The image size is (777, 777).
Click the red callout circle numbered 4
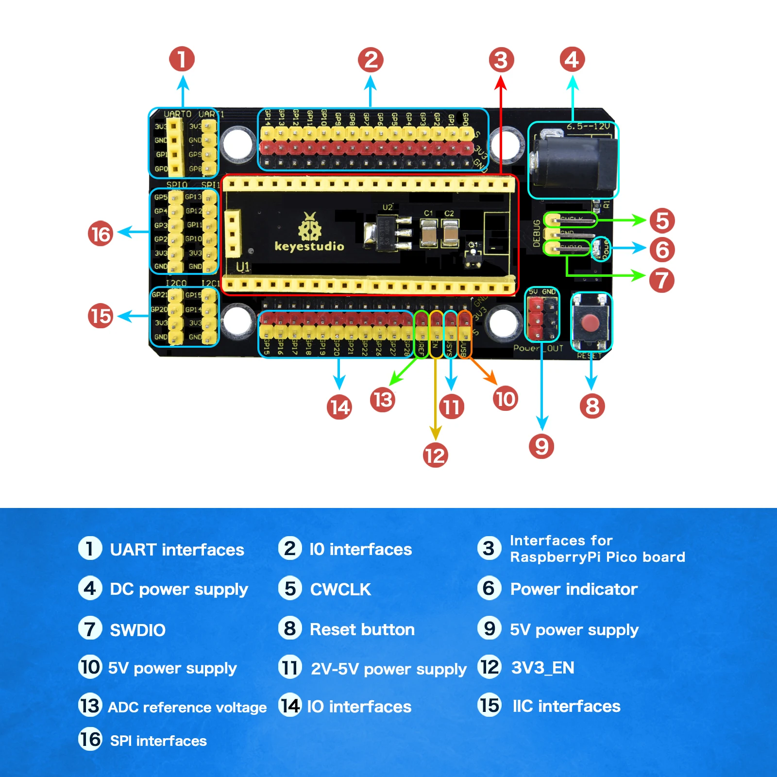572,60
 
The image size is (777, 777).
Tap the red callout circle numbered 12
435,456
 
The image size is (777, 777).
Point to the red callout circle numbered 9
541,446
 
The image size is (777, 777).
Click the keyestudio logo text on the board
309,246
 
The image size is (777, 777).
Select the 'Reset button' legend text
362,629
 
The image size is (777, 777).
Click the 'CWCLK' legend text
340,590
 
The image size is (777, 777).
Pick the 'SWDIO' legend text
138,630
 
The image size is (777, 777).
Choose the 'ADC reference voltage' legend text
187,707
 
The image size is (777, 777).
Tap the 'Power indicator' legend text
574,589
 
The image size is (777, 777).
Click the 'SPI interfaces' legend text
158,741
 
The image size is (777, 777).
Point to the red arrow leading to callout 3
501,126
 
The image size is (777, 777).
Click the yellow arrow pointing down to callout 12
436,398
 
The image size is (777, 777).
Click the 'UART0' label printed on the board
178,114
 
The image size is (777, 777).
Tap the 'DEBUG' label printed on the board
537,234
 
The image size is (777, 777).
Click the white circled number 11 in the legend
290,667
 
